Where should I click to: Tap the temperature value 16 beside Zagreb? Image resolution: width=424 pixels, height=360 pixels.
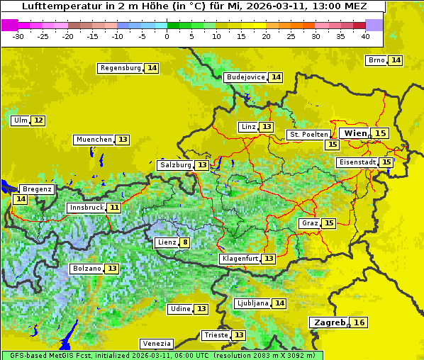359,322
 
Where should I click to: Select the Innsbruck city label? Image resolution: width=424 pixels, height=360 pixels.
85,208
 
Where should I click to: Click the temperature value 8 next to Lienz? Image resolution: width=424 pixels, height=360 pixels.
184,242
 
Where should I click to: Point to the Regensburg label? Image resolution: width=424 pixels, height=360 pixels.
120,68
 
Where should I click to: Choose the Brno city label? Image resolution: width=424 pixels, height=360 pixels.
376,60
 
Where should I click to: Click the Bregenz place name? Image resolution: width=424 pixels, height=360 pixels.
37,189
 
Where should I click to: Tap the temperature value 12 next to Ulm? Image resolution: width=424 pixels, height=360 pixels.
38,120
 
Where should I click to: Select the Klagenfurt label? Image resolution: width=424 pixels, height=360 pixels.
239,259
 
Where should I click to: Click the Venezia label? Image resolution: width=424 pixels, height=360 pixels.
156,344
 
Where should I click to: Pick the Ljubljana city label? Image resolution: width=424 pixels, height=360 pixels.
252,303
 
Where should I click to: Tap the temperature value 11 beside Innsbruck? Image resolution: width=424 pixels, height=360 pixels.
114,208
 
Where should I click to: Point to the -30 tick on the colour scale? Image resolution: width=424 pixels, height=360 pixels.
18,36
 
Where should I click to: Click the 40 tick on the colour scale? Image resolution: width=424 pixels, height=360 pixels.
365,36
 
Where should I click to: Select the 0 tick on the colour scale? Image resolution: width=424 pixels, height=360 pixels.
167,36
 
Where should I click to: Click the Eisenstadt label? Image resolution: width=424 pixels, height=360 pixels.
357,162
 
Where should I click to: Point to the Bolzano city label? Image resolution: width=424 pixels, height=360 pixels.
86,269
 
